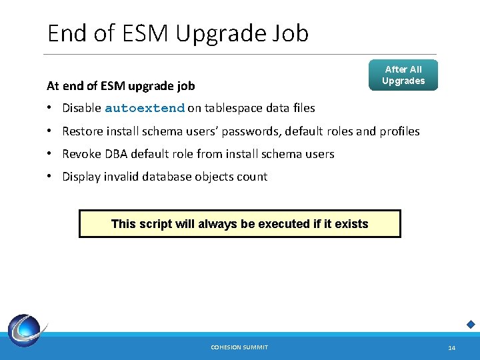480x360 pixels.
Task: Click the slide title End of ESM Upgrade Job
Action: [x=178, y=33]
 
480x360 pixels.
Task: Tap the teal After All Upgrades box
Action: [x=403, y=75]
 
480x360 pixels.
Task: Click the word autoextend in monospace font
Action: [x=144, y=108]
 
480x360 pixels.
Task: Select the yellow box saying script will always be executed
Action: [x=240, y=224]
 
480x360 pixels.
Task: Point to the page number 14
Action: [x=451, y=348]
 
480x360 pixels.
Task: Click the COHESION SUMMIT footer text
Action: [x=239, y=347]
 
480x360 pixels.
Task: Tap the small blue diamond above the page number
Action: [x=470, y=325]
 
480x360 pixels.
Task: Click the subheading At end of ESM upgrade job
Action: [x=121, y=85]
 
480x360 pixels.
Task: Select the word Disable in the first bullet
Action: [x=81, y=108]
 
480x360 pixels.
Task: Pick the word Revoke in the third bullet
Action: [x=81, y=154]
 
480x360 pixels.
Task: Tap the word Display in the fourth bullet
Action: [x=81, y=177]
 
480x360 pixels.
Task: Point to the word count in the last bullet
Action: [x=253, y=177]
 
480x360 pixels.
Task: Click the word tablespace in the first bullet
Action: [x=235, y=108]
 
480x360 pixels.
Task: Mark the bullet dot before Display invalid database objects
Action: [x=51, y=177]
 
